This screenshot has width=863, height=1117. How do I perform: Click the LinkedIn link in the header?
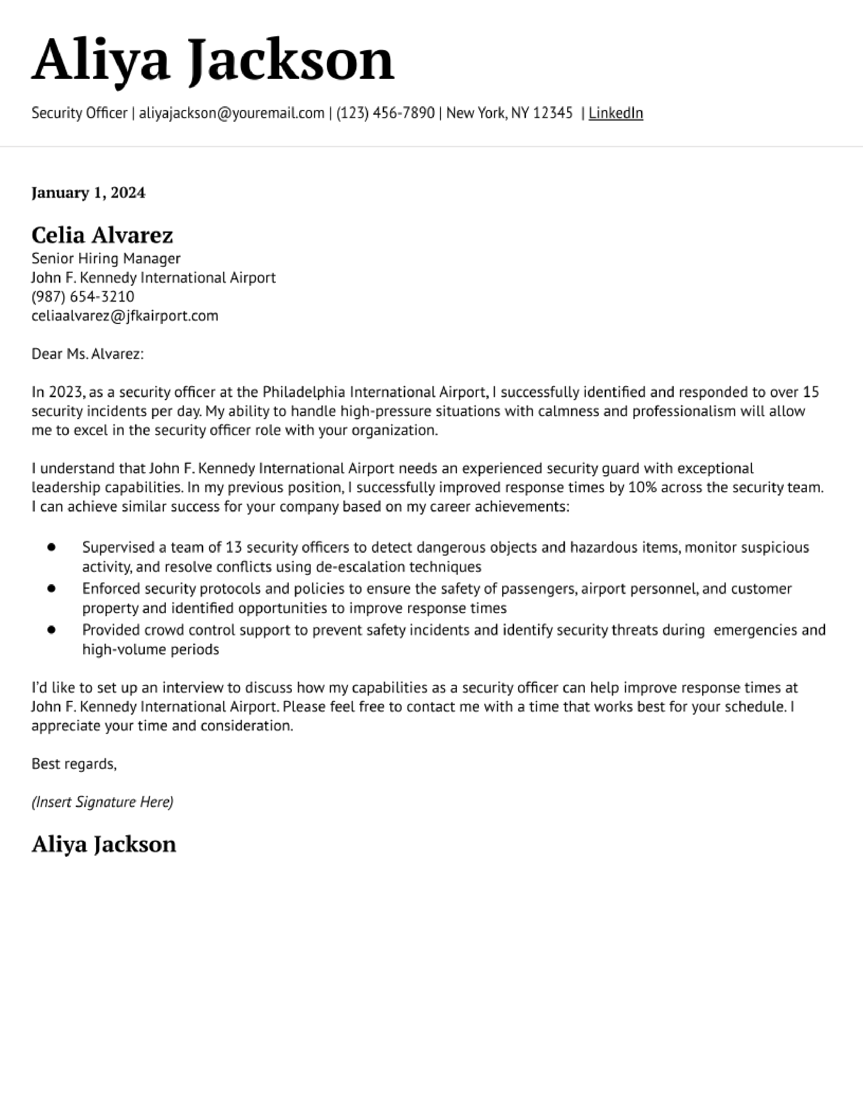tap(616, 113)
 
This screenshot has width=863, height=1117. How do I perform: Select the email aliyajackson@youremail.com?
tap(231, 113)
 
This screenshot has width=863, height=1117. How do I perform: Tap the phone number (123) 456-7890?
tap(385, 113)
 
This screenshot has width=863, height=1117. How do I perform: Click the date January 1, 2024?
tap(88, 193)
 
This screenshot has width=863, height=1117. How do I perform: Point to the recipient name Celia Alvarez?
tap(102, 235)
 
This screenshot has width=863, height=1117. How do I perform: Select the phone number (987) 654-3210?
tap(83, 297)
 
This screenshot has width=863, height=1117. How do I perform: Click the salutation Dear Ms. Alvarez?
tap(87, 354)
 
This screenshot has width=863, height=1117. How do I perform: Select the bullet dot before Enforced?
tap(51, 589)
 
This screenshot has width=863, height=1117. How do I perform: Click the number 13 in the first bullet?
tap(233, 548)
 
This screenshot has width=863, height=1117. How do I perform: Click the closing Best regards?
tap(74, 764)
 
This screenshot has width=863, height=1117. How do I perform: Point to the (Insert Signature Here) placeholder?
tap(102, 802)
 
